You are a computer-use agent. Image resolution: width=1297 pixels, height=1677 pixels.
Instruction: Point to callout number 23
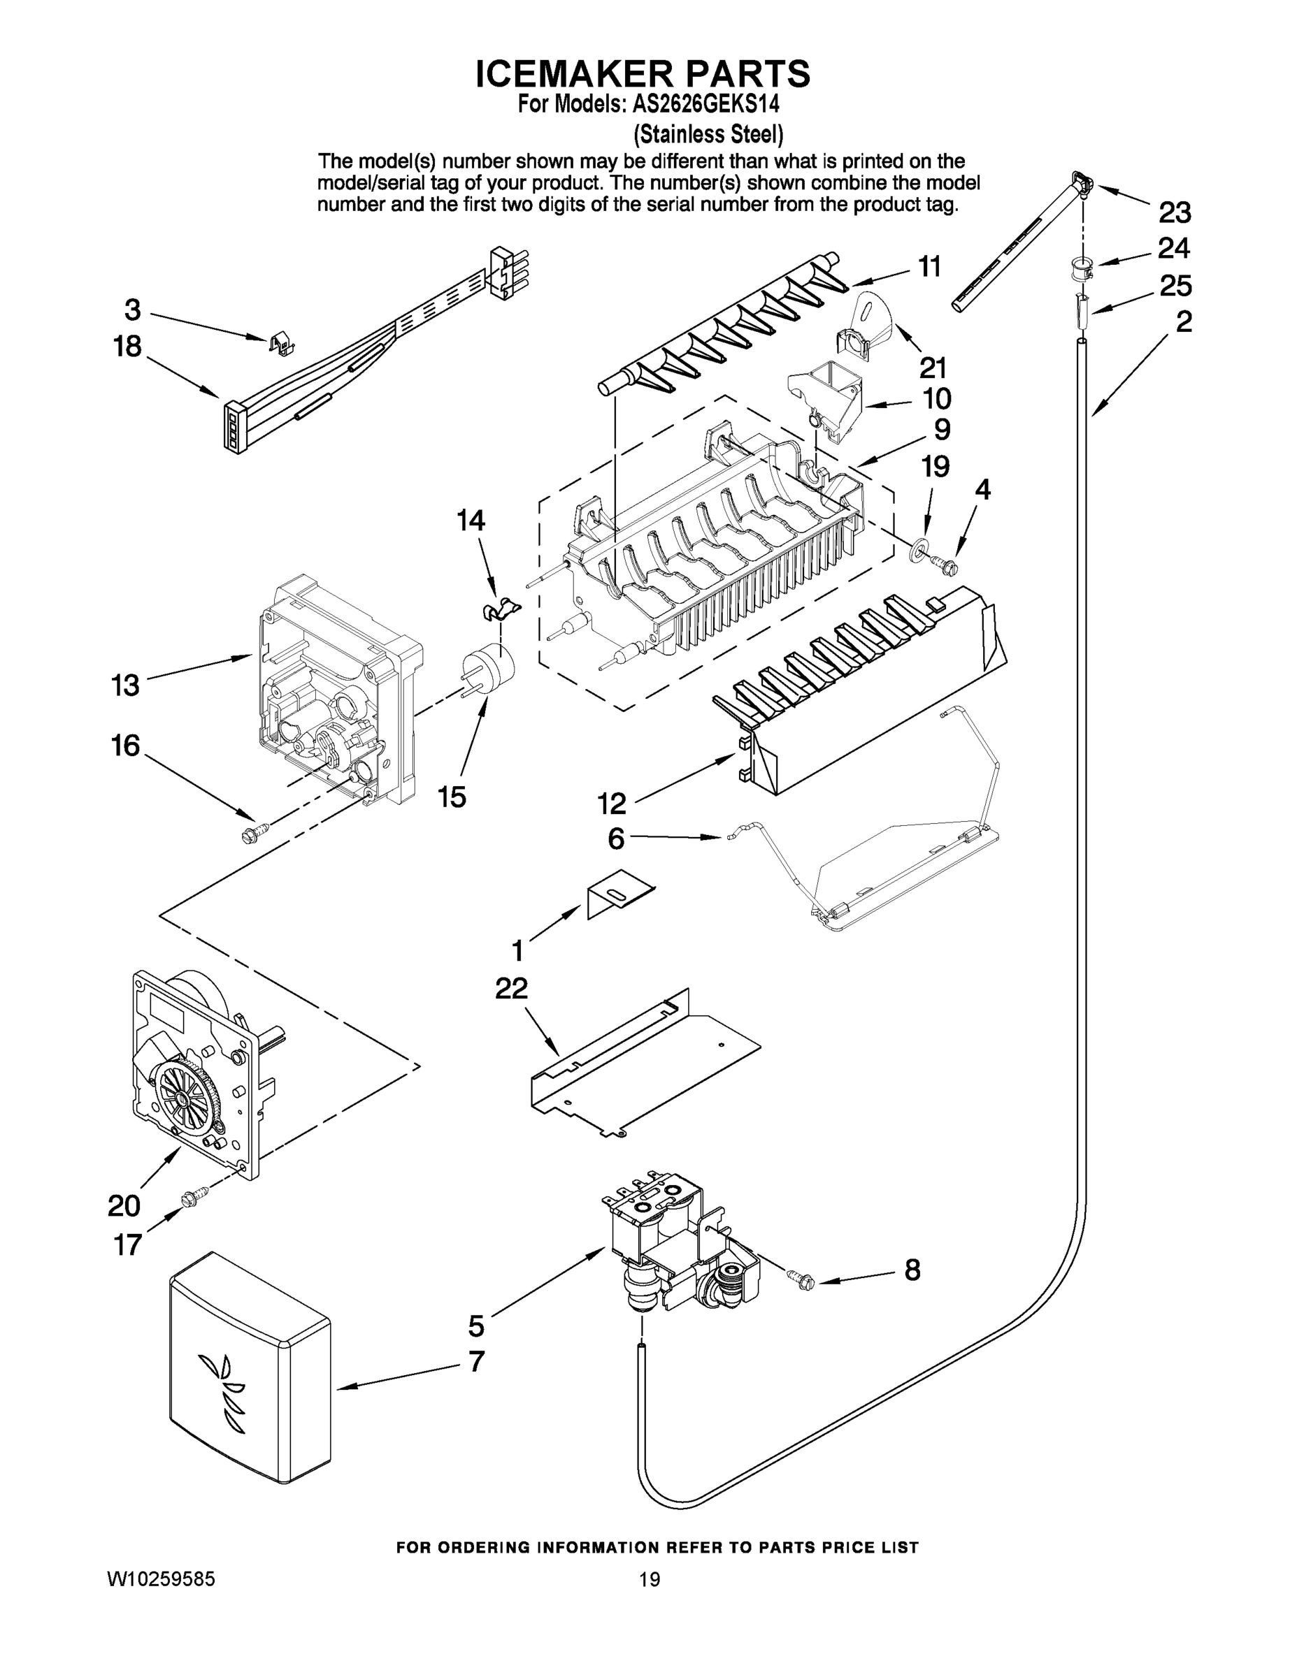[x=1174, y=212]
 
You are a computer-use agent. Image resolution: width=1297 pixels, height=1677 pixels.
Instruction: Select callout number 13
[x=126, y=685]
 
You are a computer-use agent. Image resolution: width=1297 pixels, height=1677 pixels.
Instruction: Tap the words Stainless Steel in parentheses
[x=708, y=134]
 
